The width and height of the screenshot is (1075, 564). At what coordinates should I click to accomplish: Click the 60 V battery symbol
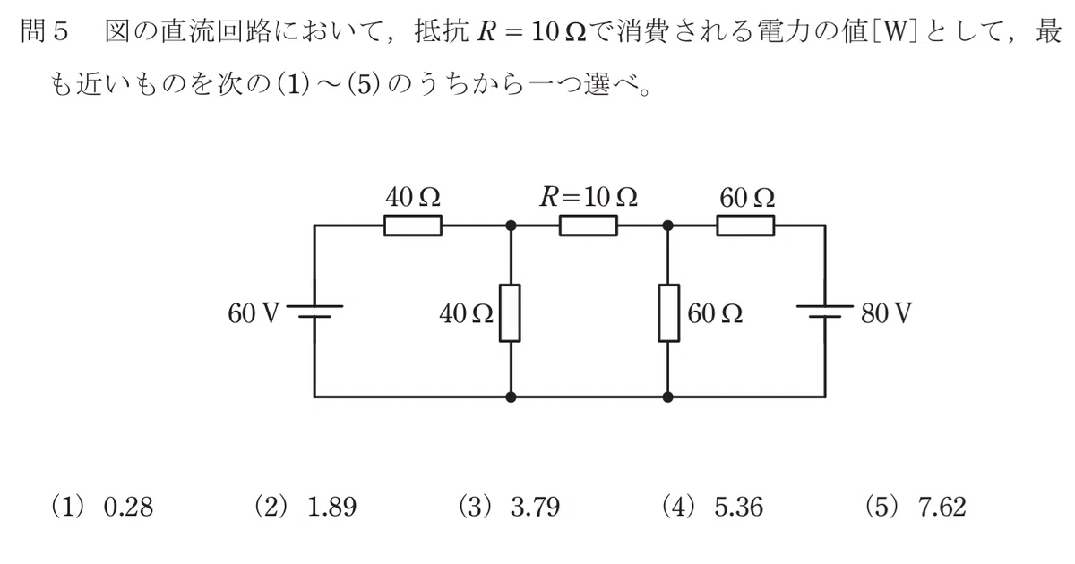coord(314,312)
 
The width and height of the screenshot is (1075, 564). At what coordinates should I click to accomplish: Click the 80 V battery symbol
coord(825,312)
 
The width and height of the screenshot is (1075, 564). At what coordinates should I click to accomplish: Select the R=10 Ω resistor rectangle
coord(589,226)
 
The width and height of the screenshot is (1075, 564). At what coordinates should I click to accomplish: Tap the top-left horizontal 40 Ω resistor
coord(413,226)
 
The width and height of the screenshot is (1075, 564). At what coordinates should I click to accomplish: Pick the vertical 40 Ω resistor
coord(510,313)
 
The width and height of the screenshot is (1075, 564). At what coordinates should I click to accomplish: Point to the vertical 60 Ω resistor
coord(668,313)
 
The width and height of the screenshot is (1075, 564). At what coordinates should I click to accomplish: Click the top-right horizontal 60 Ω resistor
coord(745,226)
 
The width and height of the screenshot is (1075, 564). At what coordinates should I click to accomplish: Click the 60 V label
coord(254,314)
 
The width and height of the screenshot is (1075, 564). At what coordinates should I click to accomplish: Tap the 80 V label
coord(886,314)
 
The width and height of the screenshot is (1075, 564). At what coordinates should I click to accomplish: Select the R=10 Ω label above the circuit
coord(589,197)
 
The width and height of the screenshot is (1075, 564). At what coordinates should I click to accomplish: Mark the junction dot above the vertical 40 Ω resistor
coord(512,226)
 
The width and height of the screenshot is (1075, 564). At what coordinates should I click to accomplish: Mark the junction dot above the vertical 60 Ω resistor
coord(667,226)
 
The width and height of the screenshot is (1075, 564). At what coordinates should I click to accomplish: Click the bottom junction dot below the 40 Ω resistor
coord(512,397)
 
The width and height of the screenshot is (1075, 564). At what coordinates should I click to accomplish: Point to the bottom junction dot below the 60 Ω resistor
coord(667,397)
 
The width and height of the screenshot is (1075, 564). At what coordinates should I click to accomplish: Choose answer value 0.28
coord(128,508)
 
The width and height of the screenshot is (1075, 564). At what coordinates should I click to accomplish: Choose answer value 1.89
coord(331,508)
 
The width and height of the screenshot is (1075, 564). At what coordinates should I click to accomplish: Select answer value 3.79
coord(535,508)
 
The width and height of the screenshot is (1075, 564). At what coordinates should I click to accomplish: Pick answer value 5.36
coord(738,508)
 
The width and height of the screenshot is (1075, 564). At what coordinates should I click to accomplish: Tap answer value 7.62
coord(942,508)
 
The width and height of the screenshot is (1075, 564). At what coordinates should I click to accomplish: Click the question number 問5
coord(44,32)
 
